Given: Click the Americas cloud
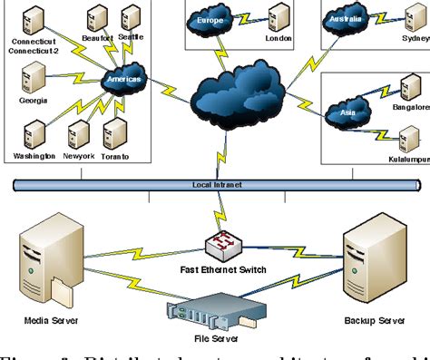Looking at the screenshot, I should click(124, 80).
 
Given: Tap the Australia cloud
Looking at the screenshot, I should click(347, 16).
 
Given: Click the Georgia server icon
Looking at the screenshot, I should click(34, 79).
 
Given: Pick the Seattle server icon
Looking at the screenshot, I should click(130, 15).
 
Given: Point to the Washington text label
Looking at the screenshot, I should click(34, 156).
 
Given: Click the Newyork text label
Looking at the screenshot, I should click(78, 156).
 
